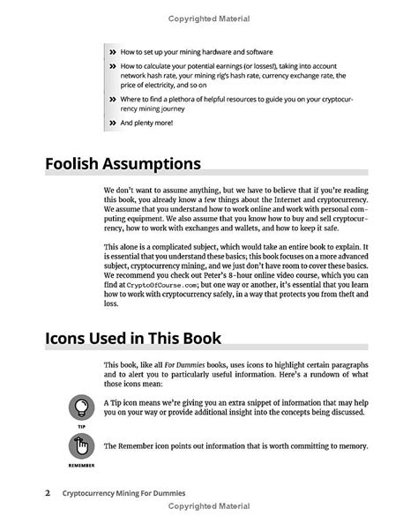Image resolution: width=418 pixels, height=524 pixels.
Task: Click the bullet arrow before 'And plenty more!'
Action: pos(113,123)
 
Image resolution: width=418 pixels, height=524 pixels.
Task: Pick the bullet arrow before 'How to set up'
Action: pos(113,52)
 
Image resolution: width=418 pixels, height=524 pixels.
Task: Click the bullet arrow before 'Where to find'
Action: pos(113,100)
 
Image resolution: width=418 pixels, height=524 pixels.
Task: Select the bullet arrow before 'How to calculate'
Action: pos(113,66)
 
